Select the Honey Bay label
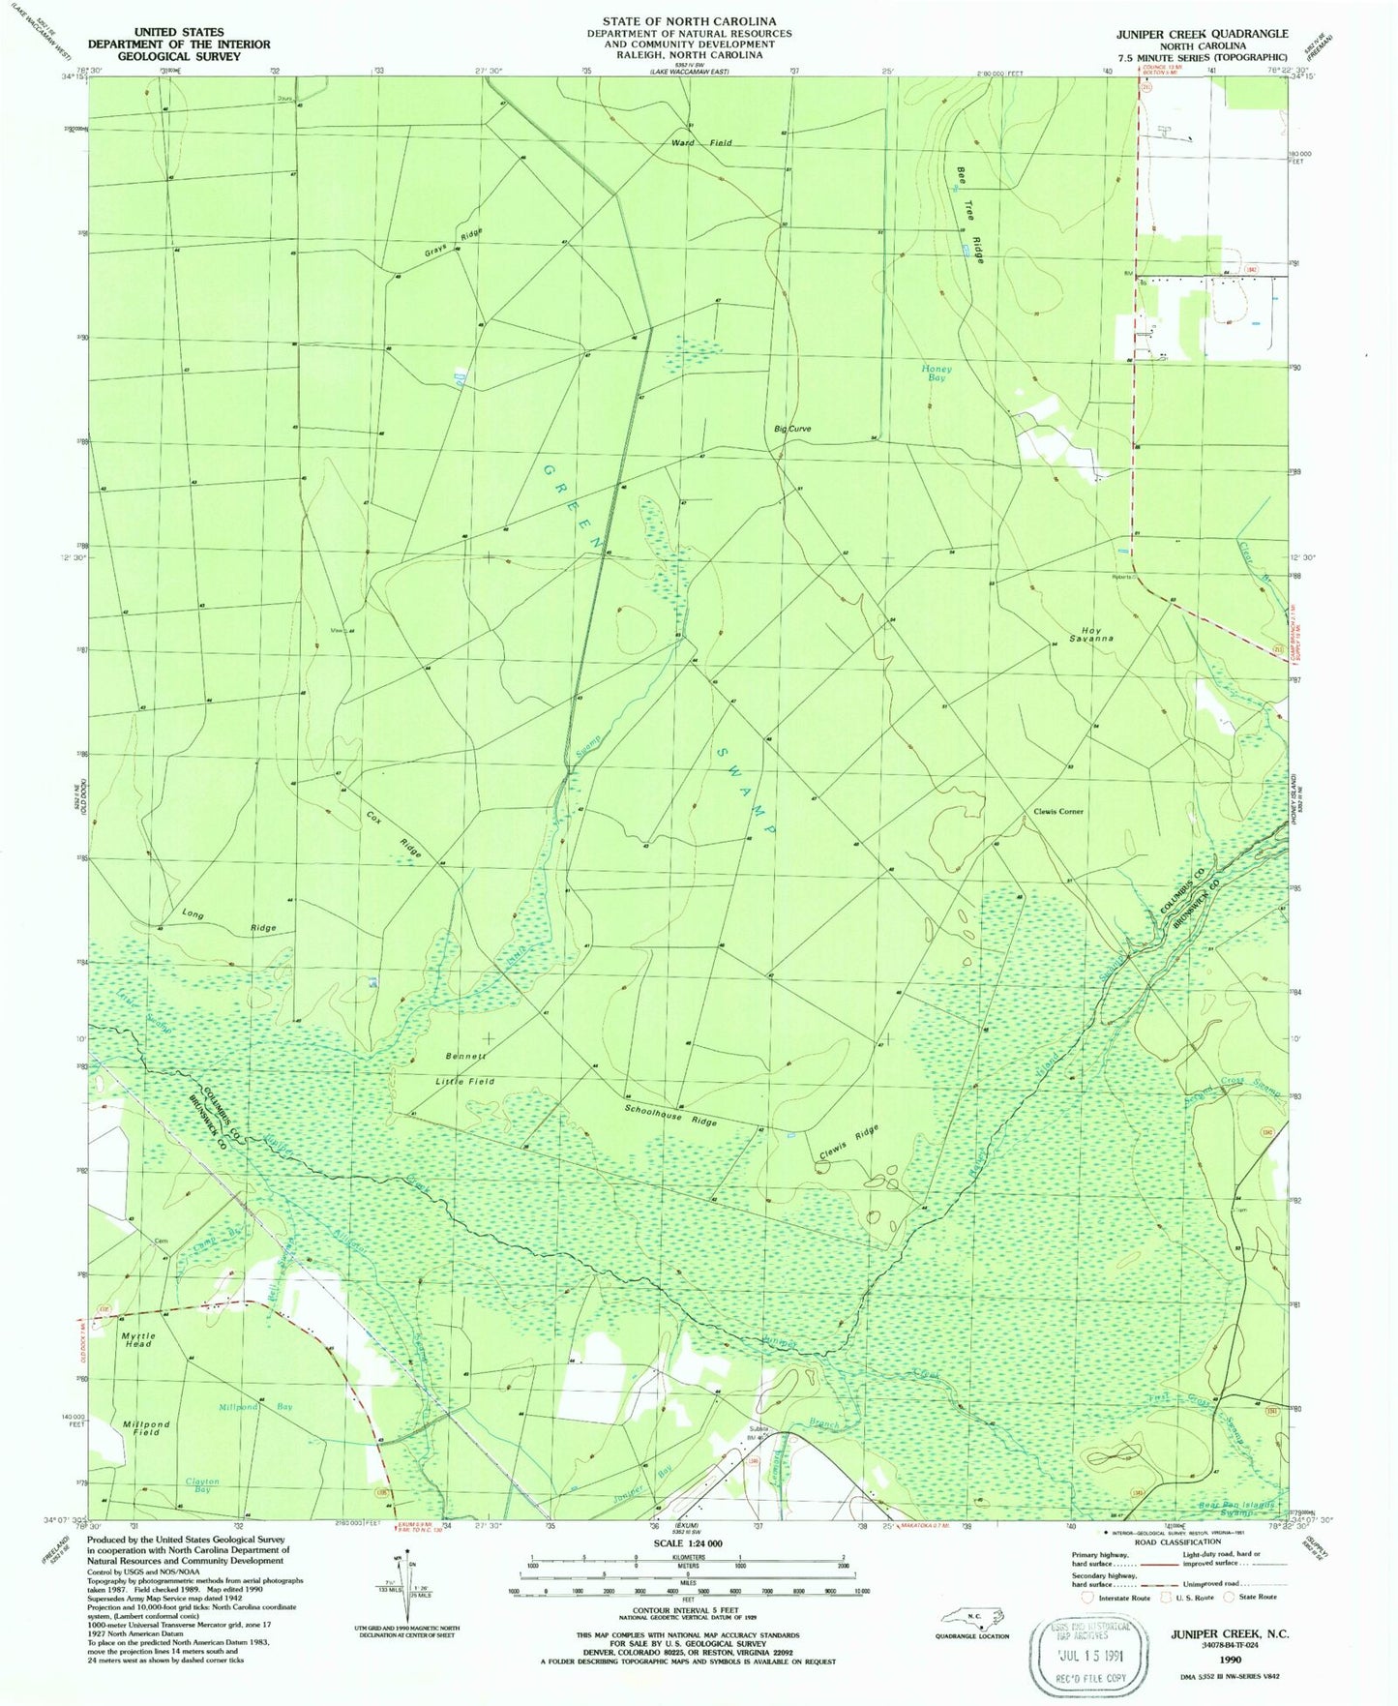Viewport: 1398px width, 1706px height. click(x=936, y=374)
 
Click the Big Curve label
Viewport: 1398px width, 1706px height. click(x=791, y=429)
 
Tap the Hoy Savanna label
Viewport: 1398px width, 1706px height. click(x=1091, y=634)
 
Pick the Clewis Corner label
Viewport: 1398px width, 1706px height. click(x=1057, y=812)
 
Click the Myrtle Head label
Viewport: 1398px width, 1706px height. click(x=137, y=1340)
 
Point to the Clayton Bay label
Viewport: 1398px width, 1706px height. click(x=202, y=1485)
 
